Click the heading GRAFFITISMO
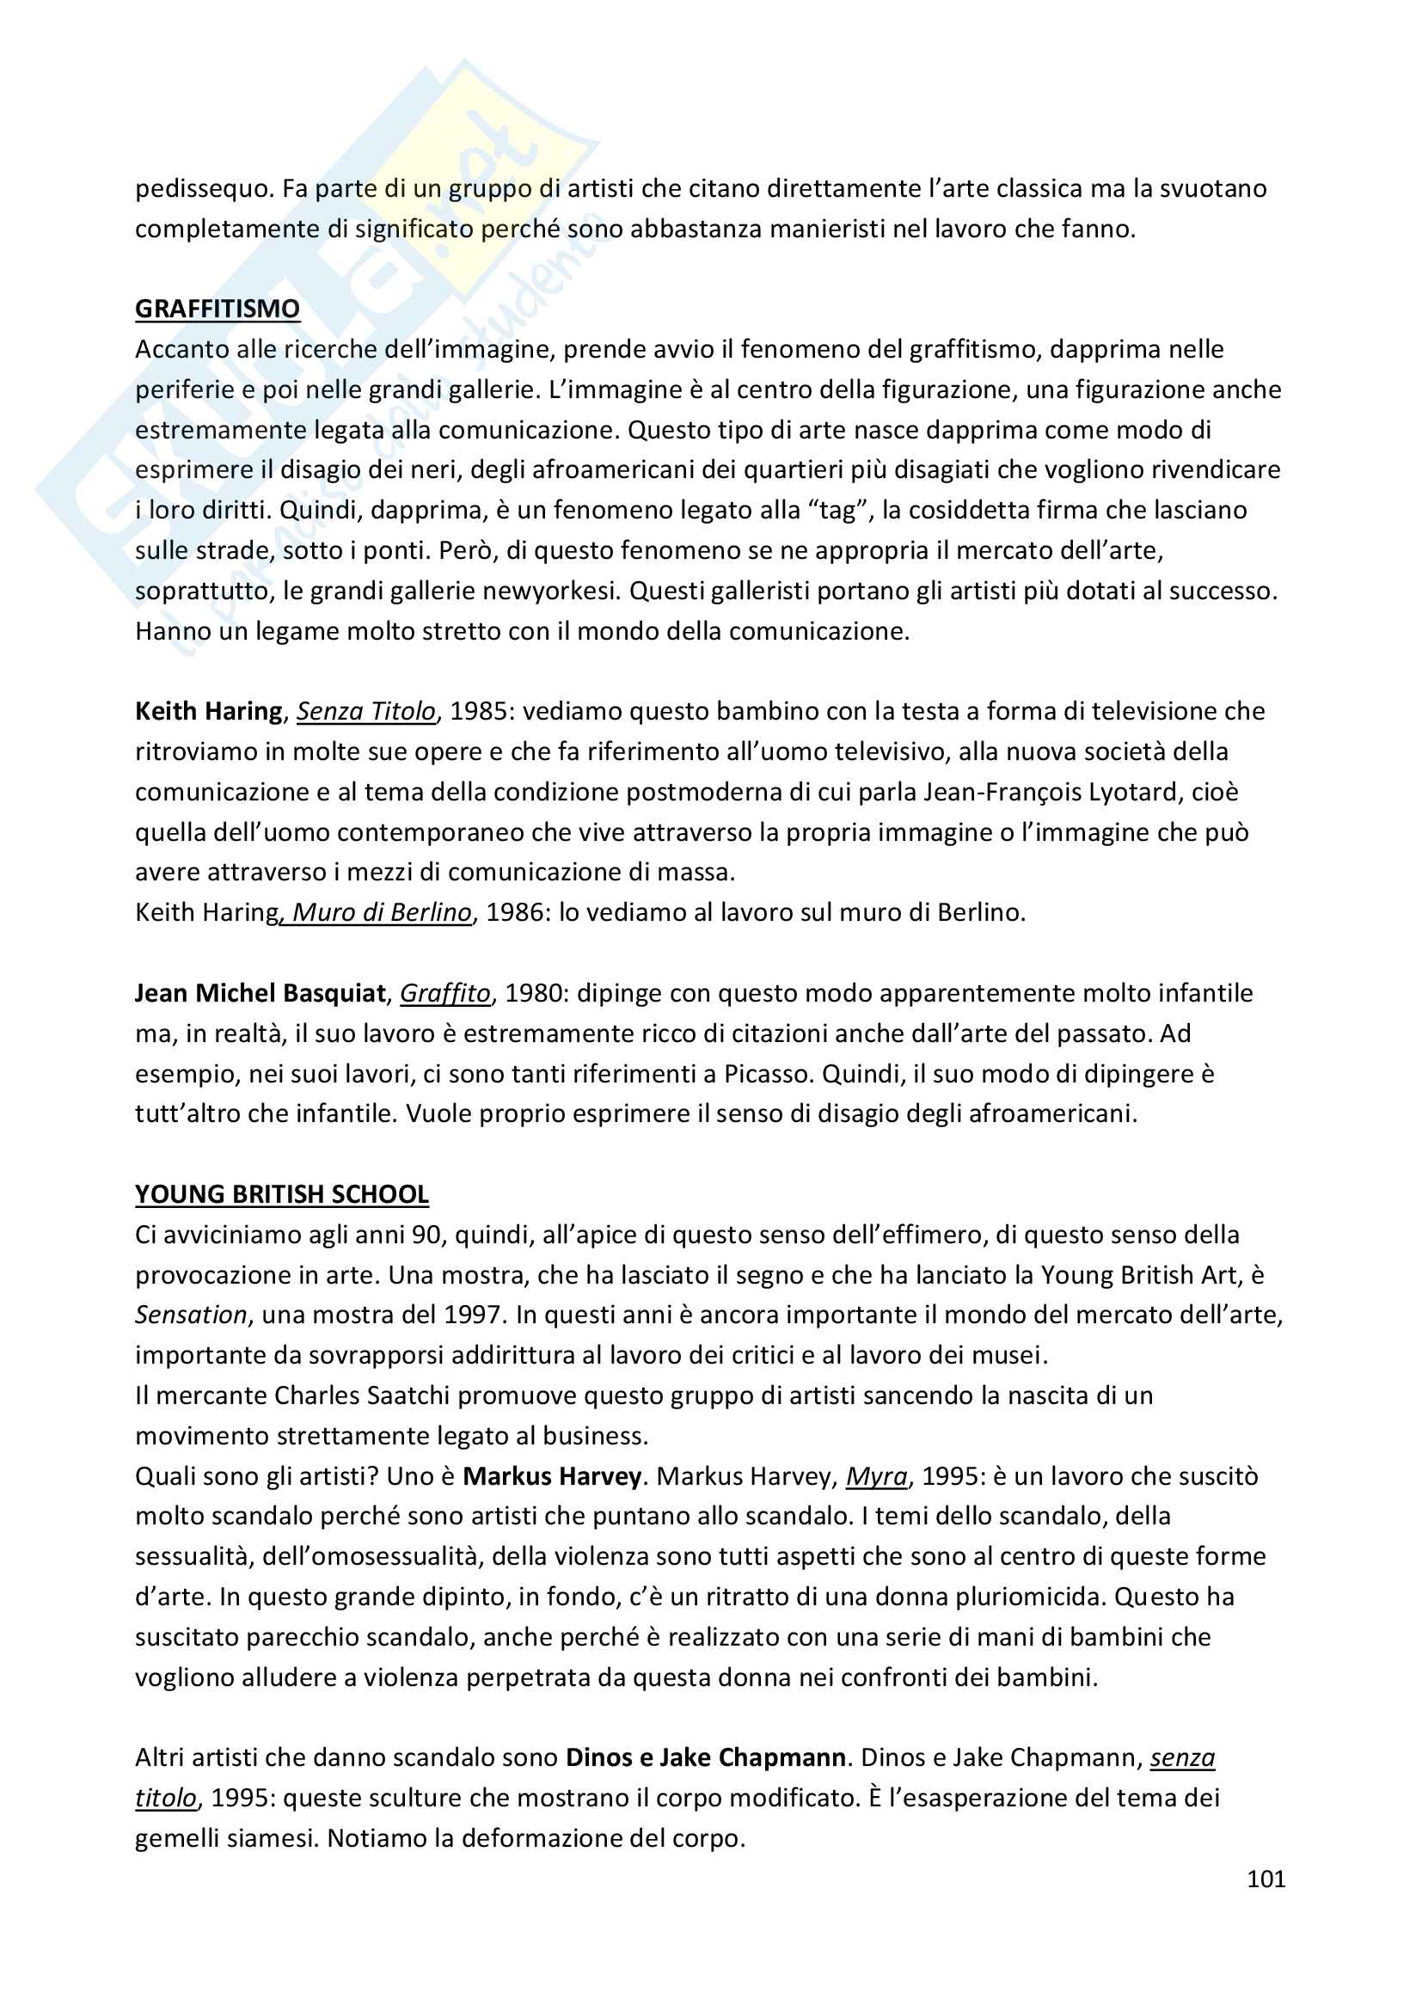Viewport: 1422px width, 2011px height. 218,309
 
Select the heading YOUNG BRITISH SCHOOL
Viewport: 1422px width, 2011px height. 281,1194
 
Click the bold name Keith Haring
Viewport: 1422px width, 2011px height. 208,710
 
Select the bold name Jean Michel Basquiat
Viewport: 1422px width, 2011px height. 260,992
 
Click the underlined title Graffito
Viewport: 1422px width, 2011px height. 444,992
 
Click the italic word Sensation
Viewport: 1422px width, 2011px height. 191,1315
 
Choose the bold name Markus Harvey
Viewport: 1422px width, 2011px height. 553,1476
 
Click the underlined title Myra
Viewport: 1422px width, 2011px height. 875,1476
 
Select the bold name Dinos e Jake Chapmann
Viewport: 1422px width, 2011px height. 705,1758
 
